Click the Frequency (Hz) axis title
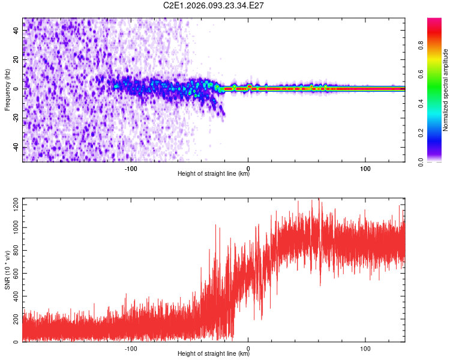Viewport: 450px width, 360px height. pos(7,90)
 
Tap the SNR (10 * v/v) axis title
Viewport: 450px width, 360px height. pos(7,270)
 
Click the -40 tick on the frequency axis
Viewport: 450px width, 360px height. pos(16,148)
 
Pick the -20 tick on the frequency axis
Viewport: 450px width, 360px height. pos(16,118)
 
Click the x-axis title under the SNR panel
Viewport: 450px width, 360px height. pos(214,354)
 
